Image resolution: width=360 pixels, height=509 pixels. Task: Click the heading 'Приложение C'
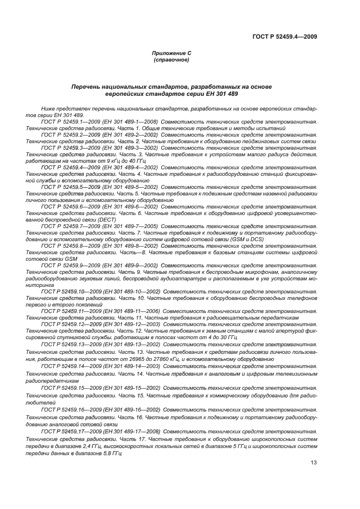[172, 53]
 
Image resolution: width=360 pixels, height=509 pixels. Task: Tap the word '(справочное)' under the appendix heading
[172, 60]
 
